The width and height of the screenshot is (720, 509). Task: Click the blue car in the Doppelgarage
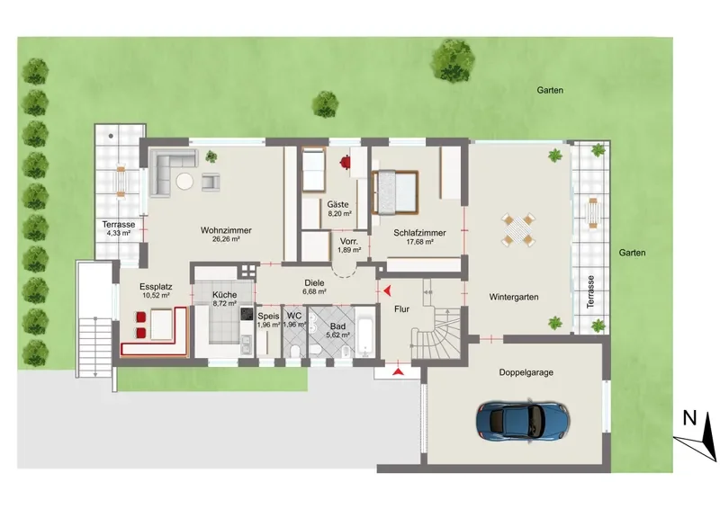point(523,422)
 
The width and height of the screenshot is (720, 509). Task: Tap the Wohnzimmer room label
point(226,230)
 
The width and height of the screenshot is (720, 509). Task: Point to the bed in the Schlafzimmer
point(395,192)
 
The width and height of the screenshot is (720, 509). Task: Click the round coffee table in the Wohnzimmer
point(185,181)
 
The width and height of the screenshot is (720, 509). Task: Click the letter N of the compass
point(689,418)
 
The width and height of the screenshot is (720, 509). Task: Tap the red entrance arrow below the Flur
point(398,371)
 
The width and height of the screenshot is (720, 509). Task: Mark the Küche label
point(224,295)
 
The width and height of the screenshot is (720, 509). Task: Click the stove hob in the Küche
point(247,314)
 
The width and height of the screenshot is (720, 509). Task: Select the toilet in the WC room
point(296,351)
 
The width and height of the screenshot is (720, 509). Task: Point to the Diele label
point(314,283)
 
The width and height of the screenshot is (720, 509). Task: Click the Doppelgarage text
point(526,372)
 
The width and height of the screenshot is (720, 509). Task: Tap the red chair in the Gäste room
point(346,163)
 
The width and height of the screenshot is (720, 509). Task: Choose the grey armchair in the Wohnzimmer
point(211,181)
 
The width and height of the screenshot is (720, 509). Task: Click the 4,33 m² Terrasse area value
point(119,233)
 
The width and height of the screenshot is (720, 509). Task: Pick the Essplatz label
point(156,287)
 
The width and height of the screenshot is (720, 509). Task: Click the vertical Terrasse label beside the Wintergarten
point(590,292)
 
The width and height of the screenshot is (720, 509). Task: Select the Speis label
point(268,316)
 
